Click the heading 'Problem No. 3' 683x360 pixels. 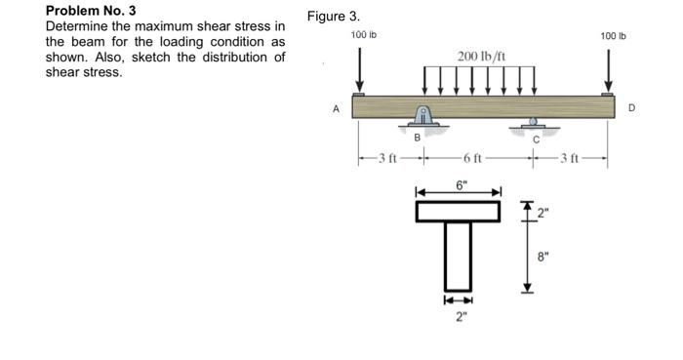91,11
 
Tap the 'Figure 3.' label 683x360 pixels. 334,17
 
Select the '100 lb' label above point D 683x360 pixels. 614,36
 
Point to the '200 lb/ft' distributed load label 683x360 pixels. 479,56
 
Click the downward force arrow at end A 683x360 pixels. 360,68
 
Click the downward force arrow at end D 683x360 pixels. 612,68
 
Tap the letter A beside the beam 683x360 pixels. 337,109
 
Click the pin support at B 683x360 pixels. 423,118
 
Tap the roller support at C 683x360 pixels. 532,124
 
